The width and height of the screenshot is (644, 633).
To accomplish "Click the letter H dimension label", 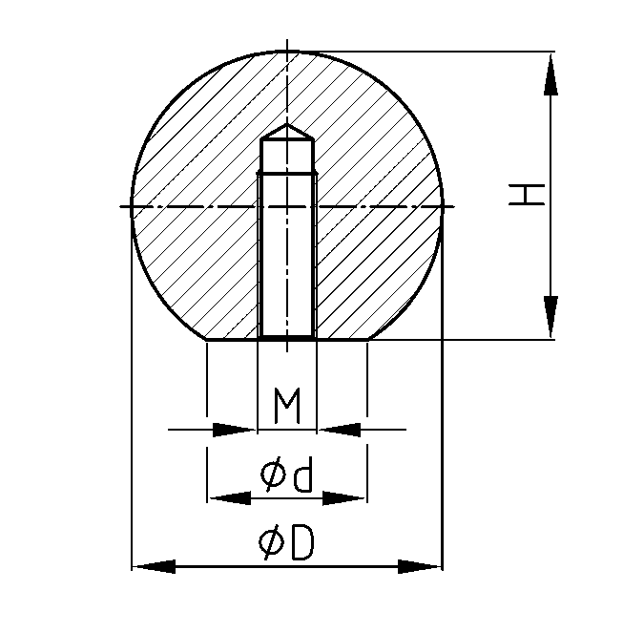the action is coord(527,195).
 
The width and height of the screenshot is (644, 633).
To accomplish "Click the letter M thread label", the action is coord(287,405).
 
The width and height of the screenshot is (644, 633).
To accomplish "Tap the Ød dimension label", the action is coord(286,474).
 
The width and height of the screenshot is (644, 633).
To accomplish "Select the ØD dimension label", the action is coord(286,541).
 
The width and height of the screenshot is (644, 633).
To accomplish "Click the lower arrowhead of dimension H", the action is coord(551,317).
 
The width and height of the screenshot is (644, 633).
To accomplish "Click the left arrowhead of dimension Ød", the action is coord(229,498).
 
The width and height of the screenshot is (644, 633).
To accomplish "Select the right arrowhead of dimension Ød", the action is coord(344,498).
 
